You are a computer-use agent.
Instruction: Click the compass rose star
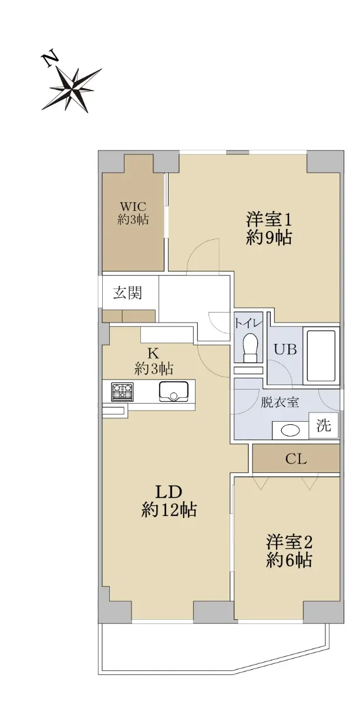tap(72, 90)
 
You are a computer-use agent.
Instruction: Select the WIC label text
tap(133, 207)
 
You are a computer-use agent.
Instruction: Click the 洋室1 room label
tap(268, 219)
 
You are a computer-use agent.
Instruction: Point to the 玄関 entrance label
tap(127, 293)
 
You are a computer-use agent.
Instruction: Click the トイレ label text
tap(248, 323)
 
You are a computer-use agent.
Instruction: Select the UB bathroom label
tap(285, 349)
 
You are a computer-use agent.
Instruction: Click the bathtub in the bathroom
tap(321, 356)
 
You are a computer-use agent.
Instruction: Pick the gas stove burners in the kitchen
tap(122, 392)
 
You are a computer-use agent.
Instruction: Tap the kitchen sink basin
tap(174, 391)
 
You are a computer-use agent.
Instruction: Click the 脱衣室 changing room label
tap(280, 402)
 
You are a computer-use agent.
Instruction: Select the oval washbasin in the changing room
tap(291, 431)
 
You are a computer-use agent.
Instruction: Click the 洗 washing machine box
tap(324, 425)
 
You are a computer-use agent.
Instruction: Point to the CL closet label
tap(296, 459)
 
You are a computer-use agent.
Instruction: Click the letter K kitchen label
tap(153, 354)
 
